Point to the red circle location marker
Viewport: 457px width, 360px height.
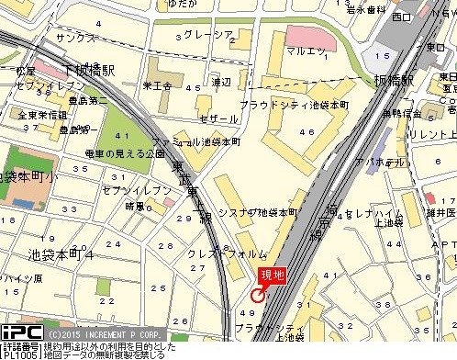[x=258, y=296]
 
